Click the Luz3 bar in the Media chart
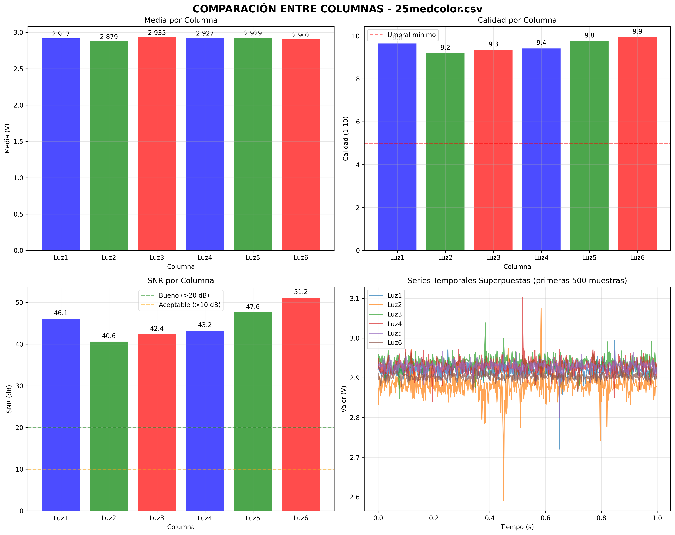tap(157, 144)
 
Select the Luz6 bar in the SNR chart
tap(301, 404)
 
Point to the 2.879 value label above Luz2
tap(109, 37)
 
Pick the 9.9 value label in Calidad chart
tap(637, 31)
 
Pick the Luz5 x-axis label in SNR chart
tap(253, 518)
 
